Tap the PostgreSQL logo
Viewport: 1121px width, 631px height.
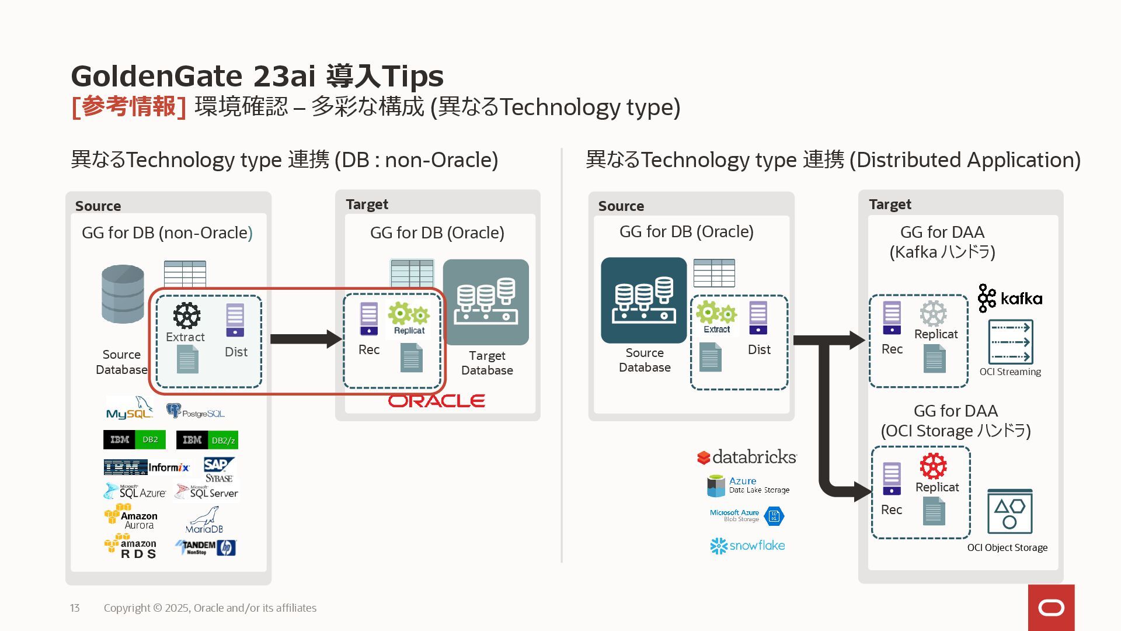pyautogui.click(x=195, y=411)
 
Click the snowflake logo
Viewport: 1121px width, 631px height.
pyautogui.click(x=747, y=546)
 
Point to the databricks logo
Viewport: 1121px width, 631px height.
pyautogui.click(x=747, y=457)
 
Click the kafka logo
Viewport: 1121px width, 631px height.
pyautogui.click(x=1010, y=298)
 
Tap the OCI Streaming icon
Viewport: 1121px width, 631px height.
pyautogui.click(x=1010, y=342)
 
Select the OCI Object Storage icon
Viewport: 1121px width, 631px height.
pyautogui.click(x=1009, y=512)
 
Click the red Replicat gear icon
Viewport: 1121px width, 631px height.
pyautogui.click(x=933, y=466)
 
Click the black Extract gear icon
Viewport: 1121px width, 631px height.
pyautogui.click(x=187, y=315)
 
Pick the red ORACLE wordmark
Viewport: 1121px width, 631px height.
pyautogui.click(x=437, y=401)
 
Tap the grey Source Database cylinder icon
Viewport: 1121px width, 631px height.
pyautogui.click(x=123, y=294)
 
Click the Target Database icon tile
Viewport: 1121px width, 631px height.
pyautogui.click(x=486, y=302)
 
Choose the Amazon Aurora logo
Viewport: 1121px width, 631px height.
pyautogui.click(x=131, y=517)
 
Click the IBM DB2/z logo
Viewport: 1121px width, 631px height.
pyautogui.click(x=207, y=440)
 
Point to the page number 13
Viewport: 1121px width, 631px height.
pyautogui.click(x=75, y=608)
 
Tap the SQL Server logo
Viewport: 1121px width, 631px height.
pyautogui.click(x=207, y=492)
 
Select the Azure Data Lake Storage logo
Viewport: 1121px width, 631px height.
pyautogui.click(x=748, y=486)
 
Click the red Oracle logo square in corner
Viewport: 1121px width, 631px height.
pyautogui.click(x=1051, y=608)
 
